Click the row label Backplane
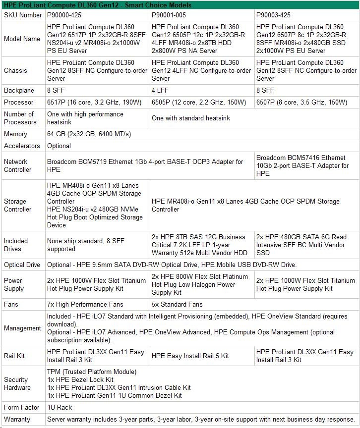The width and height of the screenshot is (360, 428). click(x=19, y=90)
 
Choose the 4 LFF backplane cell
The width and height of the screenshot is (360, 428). click(x=161, y=90)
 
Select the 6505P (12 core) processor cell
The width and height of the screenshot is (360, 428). click(x=199, y=102)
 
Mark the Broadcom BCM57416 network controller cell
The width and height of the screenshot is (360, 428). click(x=302, y=165)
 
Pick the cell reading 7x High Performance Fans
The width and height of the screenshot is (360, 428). click(x=85, y=304)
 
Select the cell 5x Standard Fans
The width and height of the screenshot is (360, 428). click(x=177, y=304)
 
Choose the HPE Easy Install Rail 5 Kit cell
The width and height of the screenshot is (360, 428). click(x=190, y=356)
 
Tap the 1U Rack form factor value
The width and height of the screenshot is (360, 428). click(x=60, y=407)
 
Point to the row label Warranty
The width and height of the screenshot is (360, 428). click(x=17, y=419)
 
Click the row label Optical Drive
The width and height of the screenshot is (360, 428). click(x=22, y=265)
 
